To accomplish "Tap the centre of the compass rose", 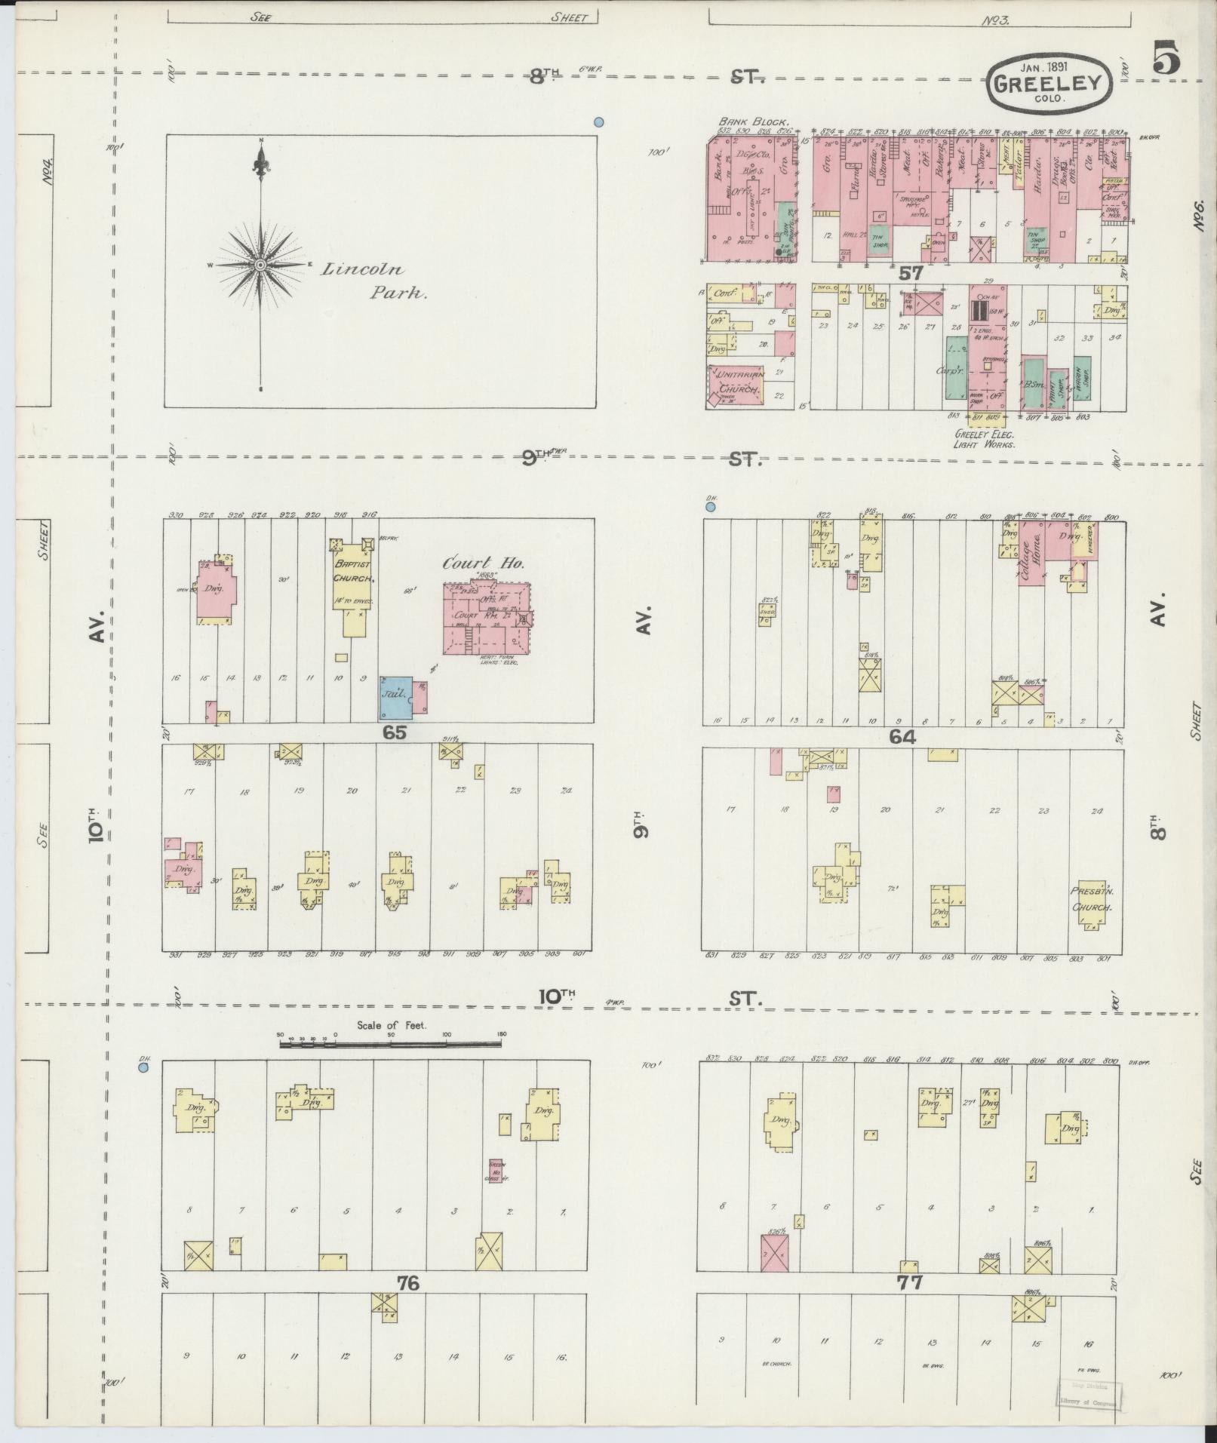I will coord(260,265).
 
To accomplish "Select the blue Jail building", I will coord(395,698).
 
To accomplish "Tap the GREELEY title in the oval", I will coord(1049,83).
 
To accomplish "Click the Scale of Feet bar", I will coord(390,1044).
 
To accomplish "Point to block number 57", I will coord(911,274).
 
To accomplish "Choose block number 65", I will coord(395,732).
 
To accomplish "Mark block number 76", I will coord(408,1283).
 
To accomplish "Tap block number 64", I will coord(902,737).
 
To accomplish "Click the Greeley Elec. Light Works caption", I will coord(985,440).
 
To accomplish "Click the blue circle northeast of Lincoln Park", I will coord(598,121).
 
